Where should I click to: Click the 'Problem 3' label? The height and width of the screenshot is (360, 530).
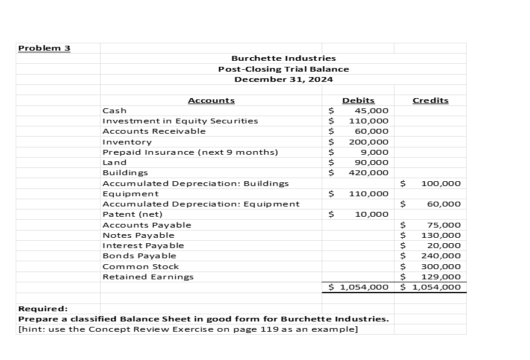pos(45,48)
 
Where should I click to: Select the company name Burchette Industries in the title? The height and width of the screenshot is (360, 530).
pos(284,58)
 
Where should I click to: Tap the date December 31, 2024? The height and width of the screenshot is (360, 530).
pos(283,79)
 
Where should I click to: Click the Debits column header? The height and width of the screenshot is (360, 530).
pos(358,101)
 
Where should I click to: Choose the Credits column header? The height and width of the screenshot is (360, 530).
pos(430,101)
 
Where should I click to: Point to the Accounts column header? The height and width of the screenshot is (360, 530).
pos(211,101)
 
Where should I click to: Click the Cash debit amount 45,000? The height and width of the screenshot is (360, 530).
pos(372,111)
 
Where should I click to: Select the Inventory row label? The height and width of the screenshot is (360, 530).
pos(127,142)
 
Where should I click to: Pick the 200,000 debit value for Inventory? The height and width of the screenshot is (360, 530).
pos(369,142)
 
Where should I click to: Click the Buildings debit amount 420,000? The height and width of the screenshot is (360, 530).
pos(369,173)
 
